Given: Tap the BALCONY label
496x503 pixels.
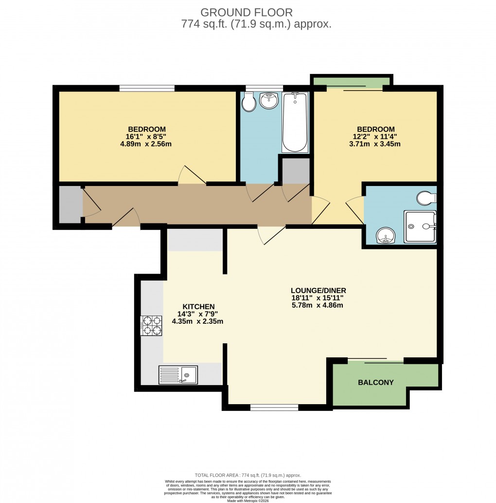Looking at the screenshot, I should [375, 382].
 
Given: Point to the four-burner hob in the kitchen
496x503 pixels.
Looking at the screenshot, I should [151, 326].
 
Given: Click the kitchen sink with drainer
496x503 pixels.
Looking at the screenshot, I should [178, 375].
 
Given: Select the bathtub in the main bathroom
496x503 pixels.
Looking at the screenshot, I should [295, 122].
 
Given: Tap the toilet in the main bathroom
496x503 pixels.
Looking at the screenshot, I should [249, 102].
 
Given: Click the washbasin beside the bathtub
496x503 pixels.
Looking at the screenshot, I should [268, 101].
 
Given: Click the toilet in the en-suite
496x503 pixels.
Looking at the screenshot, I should [426, 198].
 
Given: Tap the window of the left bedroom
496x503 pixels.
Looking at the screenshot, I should [147, 88].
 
